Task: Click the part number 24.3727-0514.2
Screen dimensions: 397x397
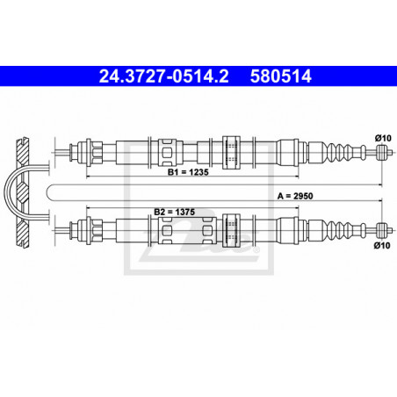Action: (163, 76)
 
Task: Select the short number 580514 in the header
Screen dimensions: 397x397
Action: (281, 76)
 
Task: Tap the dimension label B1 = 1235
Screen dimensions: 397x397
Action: (188, 172)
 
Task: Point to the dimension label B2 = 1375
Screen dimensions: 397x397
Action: (174, 212)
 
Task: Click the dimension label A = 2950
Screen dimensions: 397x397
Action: (295, 196)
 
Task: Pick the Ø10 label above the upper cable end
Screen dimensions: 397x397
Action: (383, 138)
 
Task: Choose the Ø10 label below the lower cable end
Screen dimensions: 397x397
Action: (382, 245)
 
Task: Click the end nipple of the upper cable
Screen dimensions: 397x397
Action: (380, 152)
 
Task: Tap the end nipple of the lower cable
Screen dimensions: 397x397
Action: (380, 230)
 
